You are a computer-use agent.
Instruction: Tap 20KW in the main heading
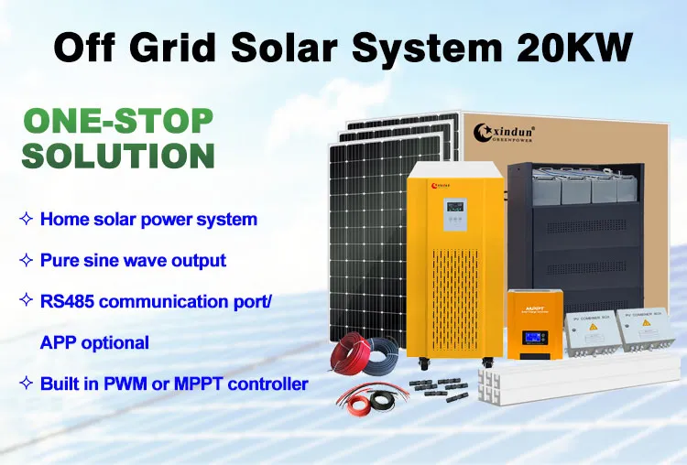click(x=574, y=46)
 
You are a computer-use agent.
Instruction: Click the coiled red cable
click(x=353, y=353)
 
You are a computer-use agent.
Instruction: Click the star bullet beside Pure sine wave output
click(x=26, y=260)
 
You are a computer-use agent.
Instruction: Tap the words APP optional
click(x=94, y=342)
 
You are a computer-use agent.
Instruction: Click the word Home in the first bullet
click(x=62, y=220)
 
